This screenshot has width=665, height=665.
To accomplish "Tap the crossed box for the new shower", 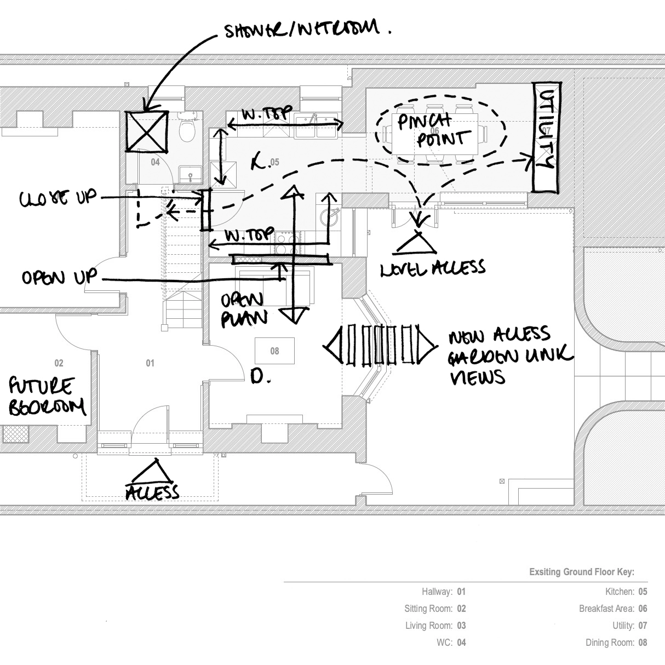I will point(147,131).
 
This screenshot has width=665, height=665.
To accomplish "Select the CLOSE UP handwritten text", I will point(58,198).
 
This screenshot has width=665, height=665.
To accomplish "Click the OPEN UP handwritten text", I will point(59,277).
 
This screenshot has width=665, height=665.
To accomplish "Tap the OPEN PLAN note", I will point(244,309).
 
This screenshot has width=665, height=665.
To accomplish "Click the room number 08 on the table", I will point(274,351).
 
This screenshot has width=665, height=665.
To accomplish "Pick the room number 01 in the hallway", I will point(150,363).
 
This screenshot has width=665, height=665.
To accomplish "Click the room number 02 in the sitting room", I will point(59,363).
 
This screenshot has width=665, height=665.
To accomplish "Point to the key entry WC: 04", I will point(451,643).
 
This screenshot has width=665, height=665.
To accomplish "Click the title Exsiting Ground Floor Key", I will point(582,572).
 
